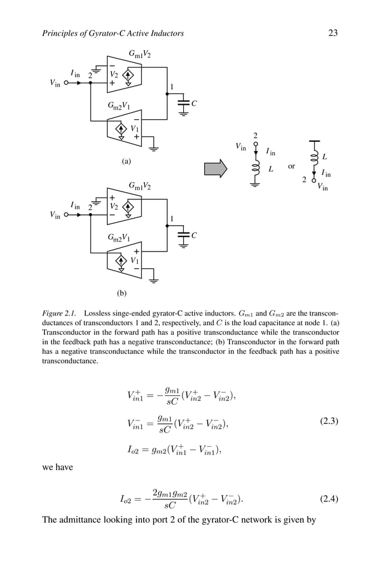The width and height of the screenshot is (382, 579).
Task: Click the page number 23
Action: [x=333, y=34]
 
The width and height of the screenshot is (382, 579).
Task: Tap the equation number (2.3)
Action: [x=326, y=421]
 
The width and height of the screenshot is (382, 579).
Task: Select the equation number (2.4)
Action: [x=326, y=499]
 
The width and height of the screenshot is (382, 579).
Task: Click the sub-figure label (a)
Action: [x=126, y=161]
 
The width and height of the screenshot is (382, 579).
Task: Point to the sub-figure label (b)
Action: [x=122, y=293]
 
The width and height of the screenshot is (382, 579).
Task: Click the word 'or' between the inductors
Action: [x=292, y=166]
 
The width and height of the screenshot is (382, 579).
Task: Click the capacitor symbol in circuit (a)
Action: [x=184, y=103]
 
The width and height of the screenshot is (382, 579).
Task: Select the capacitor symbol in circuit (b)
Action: [x=184, y=235]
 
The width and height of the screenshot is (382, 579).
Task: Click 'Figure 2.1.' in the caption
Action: [x=60, y=313]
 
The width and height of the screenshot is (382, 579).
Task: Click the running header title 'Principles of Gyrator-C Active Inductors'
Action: [x=113, y=34]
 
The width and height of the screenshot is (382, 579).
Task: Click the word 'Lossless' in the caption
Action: [x=99, y=313]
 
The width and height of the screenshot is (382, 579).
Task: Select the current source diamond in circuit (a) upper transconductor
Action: [x=128, y=76]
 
